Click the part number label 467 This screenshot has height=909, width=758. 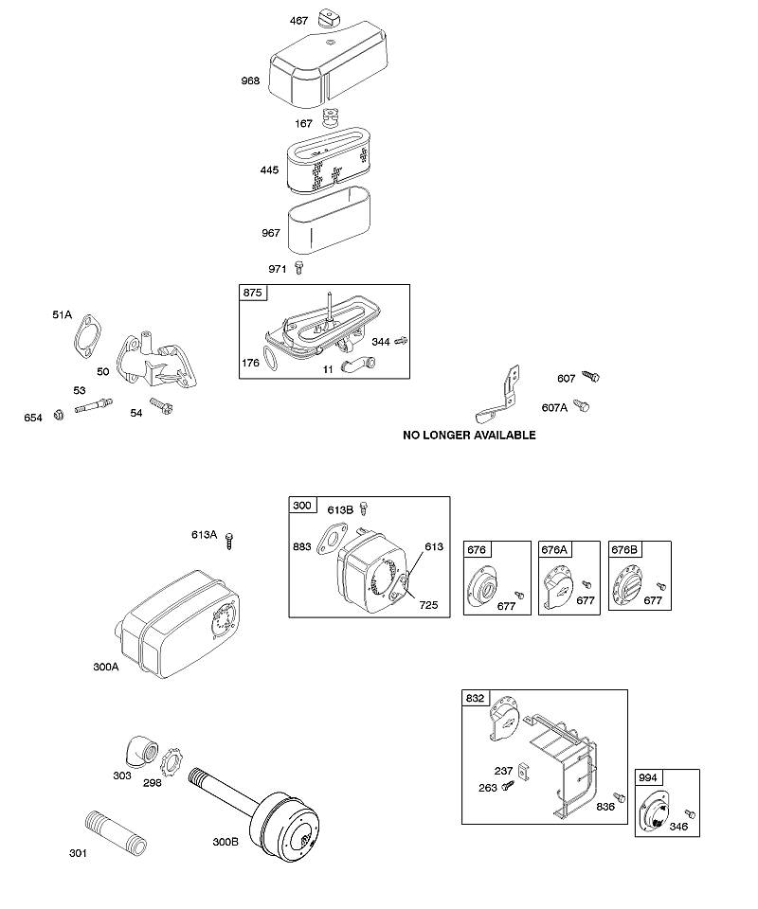(298, 21)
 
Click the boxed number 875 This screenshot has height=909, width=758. (252, 293)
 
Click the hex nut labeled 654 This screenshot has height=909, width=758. (59, 415)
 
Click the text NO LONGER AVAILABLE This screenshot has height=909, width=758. (469, 435)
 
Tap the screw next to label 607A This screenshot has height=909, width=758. (582, 405)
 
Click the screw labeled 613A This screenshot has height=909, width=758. (229, 541)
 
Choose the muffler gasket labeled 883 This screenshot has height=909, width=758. (333, 539)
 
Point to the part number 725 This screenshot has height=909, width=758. (428, 605)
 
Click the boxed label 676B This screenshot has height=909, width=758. (624, 549)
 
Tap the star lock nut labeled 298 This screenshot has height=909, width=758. (171, 761)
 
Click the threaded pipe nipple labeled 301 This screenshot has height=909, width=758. (116, 832)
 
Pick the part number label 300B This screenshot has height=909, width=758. (225, 842)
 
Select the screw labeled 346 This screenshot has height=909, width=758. (690, 814)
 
